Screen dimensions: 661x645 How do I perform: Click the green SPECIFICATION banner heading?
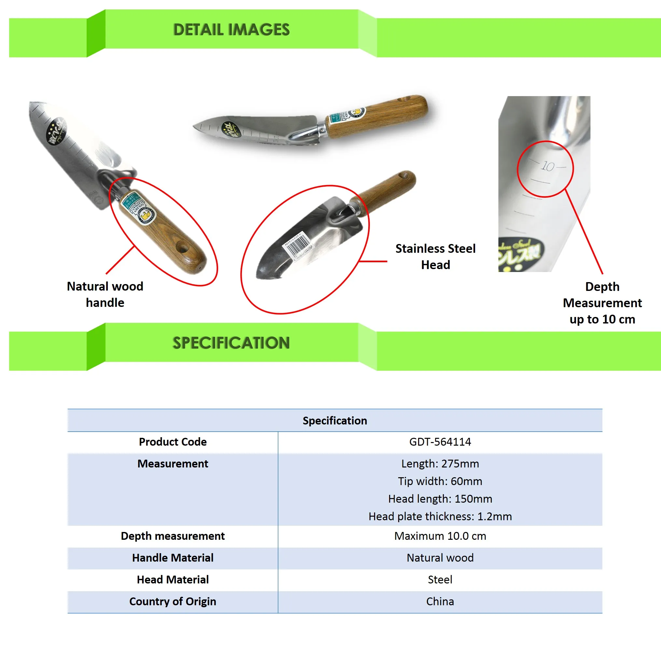click(x=231, y=343)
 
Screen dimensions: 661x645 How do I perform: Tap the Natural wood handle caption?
click(x=105, y=294)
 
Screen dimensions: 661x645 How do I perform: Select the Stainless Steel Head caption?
click(x=435, y=256)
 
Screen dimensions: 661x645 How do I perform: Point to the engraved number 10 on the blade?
click(x=547, y=166)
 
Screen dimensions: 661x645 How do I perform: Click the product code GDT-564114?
click(x=440, y=442)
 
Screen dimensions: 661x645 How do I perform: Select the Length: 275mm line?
click(x=440, y=464)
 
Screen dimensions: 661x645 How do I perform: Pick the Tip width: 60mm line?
click(x=440, y=481)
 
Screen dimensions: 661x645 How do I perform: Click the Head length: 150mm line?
click(x=440, y=499)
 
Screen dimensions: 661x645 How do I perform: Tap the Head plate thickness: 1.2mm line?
click(x=440, y=516)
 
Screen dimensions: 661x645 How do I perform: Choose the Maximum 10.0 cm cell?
click(x=440, y=536)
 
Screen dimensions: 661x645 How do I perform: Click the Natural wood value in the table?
click(x=440, y=558)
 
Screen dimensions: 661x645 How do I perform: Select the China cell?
click(x=440, y=601)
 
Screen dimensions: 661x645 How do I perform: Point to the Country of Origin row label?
click(x=172, y=601)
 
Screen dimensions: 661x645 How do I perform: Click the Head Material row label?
click(x=172, y=580)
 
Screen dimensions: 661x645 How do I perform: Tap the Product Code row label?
click(x=172, y=442)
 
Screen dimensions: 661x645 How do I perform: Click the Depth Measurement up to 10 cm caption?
click(x=602, y=303)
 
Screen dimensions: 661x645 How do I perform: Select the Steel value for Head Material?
click(x=440, y=580)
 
